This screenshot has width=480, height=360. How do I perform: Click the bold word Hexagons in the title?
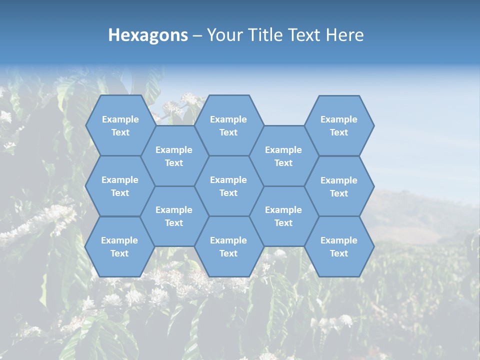coord(148,35)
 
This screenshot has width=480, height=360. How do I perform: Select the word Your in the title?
coord(223,35)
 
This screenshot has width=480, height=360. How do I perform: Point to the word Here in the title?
coord(344,35)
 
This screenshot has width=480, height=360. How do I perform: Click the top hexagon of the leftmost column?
coord(120,125)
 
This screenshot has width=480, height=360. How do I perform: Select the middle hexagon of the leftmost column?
coord(120,186)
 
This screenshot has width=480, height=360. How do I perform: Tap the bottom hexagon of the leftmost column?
coord(119,246)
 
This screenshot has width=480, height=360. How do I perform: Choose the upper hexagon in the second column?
coord(174,156)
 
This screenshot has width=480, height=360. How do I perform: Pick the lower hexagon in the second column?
coord(174,216)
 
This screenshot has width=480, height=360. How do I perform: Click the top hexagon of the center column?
coord(228,125)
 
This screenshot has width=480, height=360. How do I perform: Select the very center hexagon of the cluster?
coord(228,186)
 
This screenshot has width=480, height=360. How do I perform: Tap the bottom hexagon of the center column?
coord(228,246)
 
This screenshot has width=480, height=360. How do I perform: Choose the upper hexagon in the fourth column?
coord(283,156)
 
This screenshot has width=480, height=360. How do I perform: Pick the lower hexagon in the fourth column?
coord(283,216)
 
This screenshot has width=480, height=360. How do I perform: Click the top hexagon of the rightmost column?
coord(339,125)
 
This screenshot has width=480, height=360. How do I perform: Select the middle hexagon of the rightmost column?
coord(339,186)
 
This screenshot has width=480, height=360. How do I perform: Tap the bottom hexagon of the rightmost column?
coord(339,246)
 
